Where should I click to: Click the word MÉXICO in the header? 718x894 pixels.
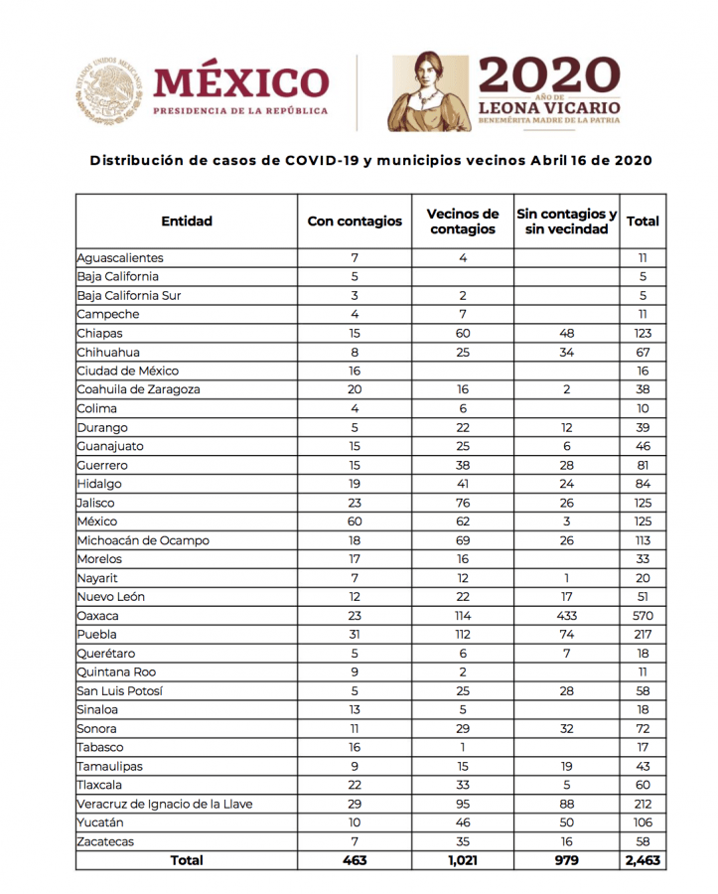click(x=239, y=82)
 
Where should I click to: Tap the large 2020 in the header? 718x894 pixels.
click(x=549, y=76)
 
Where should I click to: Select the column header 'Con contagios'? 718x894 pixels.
click(x=355, y=222)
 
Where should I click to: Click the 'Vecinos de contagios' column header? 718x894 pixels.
click(x=462, y=222)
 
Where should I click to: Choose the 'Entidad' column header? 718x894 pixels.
click(x=187, y=222)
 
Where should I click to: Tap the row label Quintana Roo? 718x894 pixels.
click(x=117, y=672)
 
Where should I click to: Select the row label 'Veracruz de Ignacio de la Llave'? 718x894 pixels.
click(x=165, y=804)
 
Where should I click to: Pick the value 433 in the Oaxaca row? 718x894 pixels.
click(x=566, y=616)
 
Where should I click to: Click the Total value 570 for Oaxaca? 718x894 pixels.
click(x=643, y=616)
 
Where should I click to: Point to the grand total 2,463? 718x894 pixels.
click(x=643, y=860)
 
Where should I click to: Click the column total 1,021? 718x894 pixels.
click(x=462, y=860)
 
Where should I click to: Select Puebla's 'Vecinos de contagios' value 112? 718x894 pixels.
click(x=462, y=635)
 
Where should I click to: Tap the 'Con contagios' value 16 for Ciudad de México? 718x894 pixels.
click(x=355, y=371)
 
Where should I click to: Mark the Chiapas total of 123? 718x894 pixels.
click(x=643, y=334)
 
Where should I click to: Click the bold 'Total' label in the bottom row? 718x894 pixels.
click(x=187, y=860)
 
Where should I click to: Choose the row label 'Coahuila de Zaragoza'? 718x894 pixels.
click(x=138, y=389)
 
